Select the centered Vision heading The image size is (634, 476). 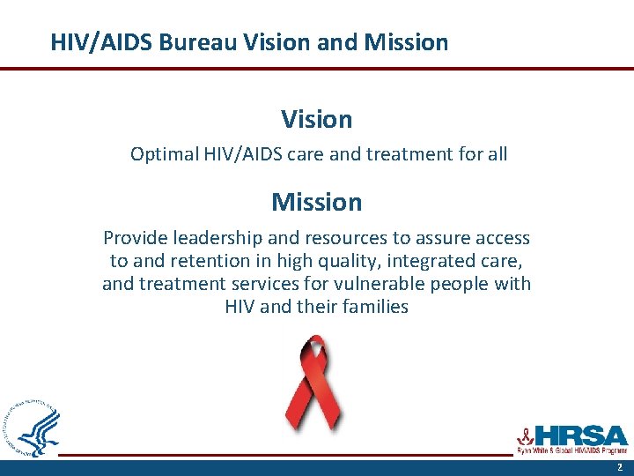317,119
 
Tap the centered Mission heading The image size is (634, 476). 317,202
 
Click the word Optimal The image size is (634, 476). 164,154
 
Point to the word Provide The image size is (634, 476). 136,238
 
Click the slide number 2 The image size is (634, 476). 619,467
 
